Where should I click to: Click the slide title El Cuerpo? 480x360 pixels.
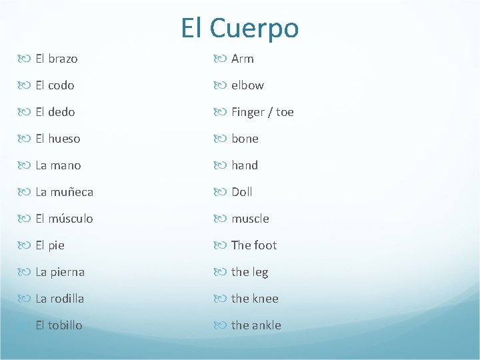click(240, 28)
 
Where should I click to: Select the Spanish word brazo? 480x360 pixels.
click(63, 59)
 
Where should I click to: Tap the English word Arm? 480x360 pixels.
click(243, 59)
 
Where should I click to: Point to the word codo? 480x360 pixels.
click(61, 85)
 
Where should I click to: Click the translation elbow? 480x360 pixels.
click(247, 85)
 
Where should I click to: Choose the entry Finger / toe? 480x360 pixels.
click(263, 112)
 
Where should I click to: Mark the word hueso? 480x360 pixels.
click(64, 139)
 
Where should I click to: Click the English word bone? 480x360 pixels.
click(245, 139)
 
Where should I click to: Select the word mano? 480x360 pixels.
click(65, 165)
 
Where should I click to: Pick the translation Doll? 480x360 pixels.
click(242, 192)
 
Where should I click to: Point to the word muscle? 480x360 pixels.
click(250, 219)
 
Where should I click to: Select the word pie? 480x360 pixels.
click(56, 245)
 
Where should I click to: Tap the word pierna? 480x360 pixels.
click(67, 272)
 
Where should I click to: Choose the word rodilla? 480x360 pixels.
click(67, 299)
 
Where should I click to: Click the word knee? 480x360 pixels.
click(265, 299)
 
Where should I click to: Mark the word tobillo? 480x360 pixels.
click(65, 325)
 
